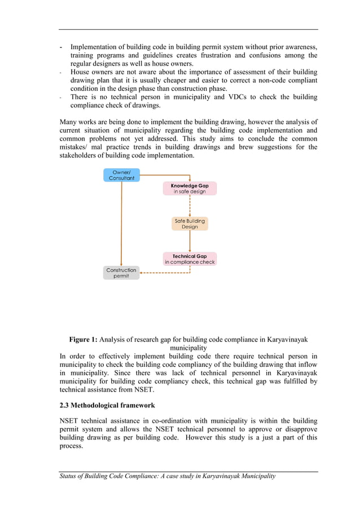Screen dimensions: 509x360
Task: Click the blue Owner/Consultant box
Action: (x=121, y=175)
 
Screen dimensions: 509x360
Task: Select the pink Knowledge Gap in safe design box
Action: (x=190, y=188)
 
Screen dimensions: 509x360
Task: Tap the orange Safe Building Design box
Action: (x=190, y=224)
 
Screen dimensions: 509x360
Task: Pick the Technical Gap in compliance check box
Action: (x=190, y=259)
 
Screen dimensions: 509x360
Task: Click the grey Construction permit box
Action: (x=121, y=273)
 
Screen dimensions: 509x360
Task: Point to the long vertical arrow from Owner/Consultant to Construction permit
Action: (x=121, y=226)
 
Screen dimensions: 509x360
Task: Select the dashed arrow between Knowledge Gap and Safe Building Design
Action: (x=190, y=206)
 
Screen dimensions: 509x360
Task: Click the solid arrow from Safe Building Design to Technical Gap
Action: (x=190, y=242)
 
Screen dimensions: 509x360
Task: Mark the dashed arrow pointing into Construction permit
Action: (x=164, y=274)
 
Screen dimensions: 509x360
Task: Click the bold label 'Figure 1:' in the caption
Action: (x=83, y=340)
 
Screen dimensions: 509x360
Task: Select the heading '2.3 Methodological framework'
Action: (x=107, y=405)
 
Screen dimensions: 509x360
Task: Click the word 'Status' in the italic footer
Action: (x=71, y=476)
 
